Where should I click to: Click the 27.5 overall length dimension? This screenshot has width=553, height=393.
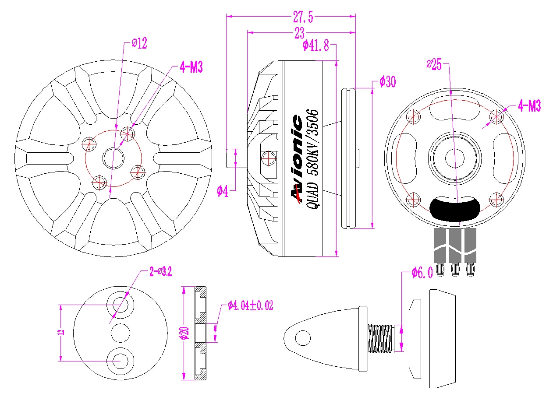coord(303,17)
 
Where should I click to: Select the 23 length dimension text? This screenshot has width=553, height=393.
coord(299,33)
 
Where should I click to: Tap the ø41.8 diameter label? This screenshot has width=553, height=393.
coord(316,46)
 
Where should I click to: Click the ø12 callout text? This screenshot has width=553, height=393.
coord(139,43)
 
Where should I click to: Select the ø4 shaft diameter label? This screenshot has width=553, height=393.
coord(223,191)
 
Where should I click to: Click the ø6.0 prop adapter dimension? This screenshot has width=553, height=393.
coord(422,273)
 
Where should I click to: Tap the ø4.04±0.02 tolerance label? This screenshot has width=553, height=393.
coord(250,305)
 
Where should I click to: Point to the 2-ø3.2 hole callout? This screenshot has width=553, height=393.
coord(160,272)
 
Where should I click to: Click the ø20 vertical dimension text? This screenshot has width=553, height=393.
coord(185,333)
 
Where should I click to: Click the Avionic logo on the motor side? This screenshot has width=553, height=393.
coord(297,159)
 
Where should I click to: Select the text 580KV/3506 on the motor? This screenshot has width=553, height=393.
coord(313,142)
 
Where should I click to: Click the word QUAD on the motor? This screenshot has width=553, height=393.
coord(312,196)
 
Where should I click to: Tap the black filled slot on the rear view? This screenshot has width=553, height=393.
coord(455,209)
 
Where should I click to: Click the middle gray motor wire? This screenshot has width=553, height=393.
coord(455,246)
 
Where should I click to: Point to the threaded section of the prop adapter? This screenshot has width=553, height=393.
coord(380,338)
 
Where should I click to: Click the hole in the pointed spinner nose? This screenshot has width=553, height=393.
coord(303,338)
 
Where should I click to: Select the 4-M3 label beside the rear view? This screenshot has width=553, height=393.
coord(529,105)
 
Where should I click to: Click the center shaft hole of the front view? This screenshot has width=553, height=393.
coord(113,158)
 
